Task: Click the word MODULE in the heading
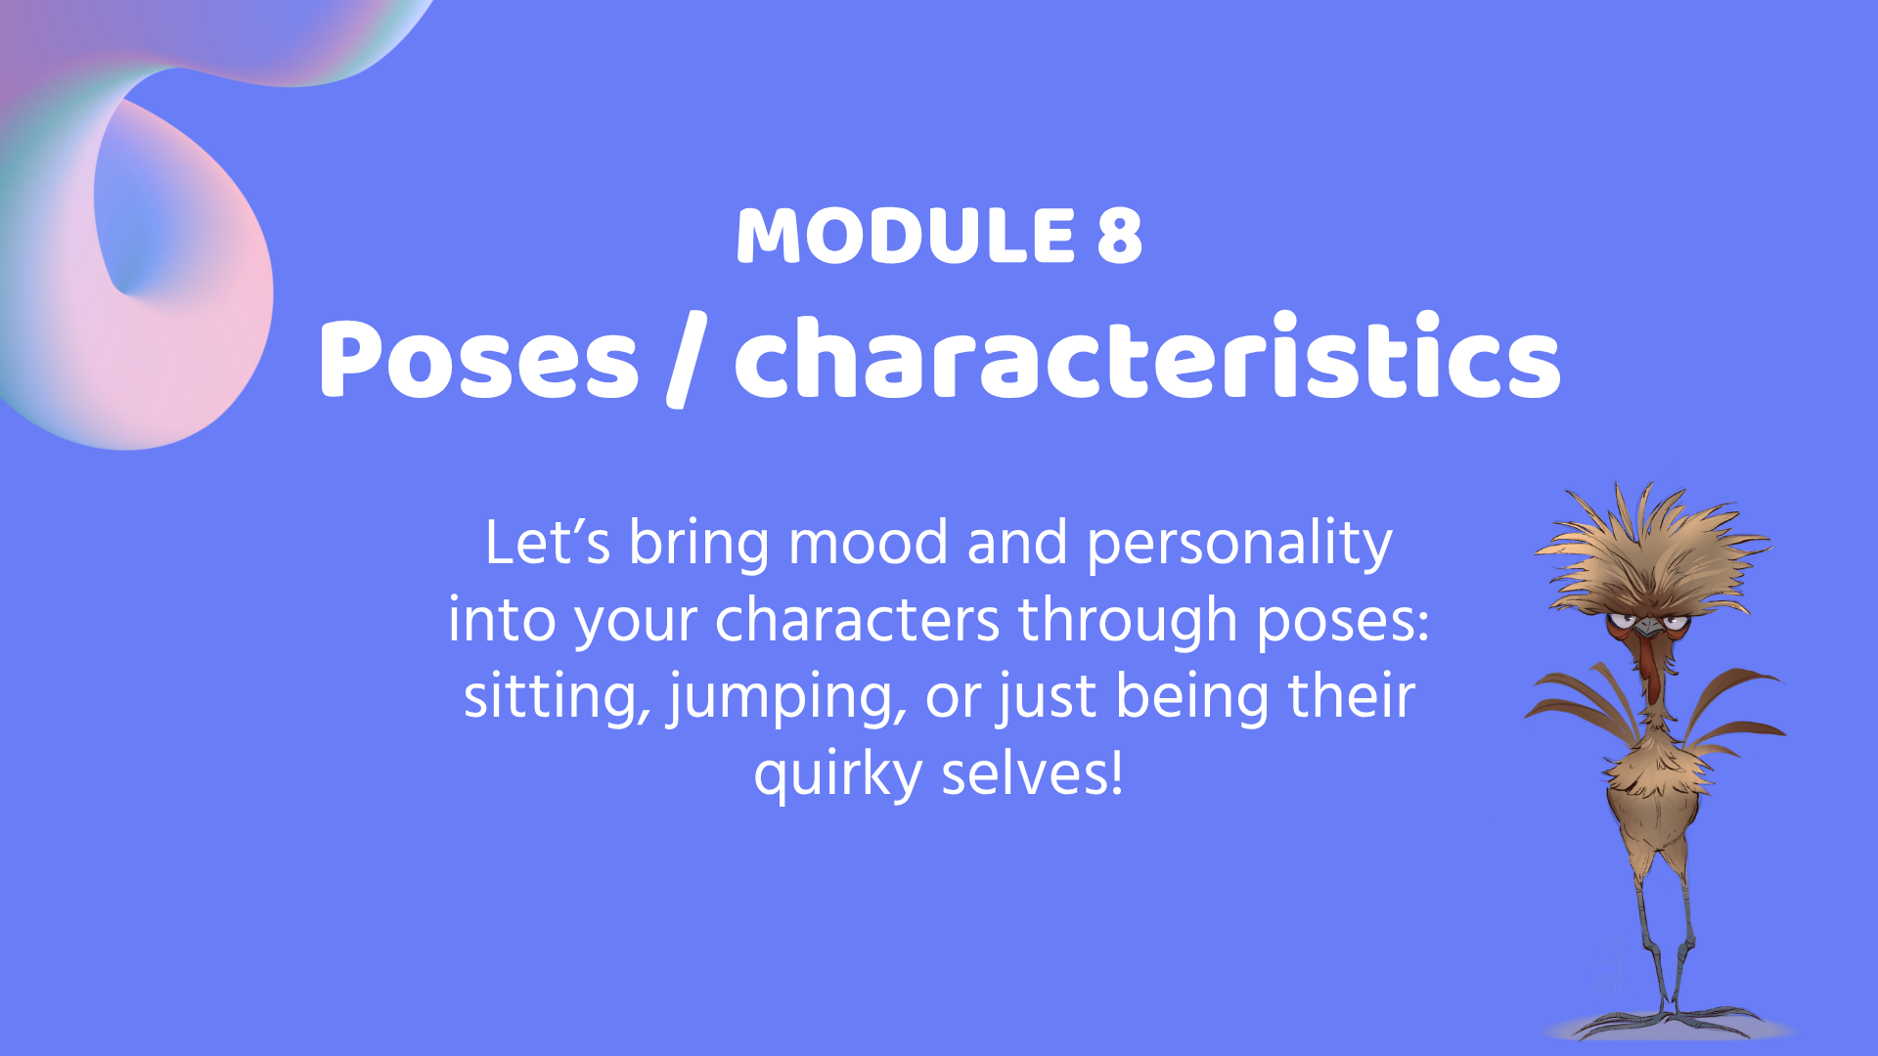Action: [906, 236]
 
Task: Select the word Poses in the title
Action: [478, 359]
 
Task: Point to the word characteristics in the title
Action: [1147, 356]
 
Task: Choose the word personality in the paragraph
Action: [1240, 546]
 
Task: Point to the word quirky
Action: [838, 775]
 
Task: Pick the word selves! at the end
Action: [1032, 773]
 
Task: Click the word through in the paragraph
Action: [1128, 622]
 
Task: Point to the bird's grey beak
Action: [1651, 626]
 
